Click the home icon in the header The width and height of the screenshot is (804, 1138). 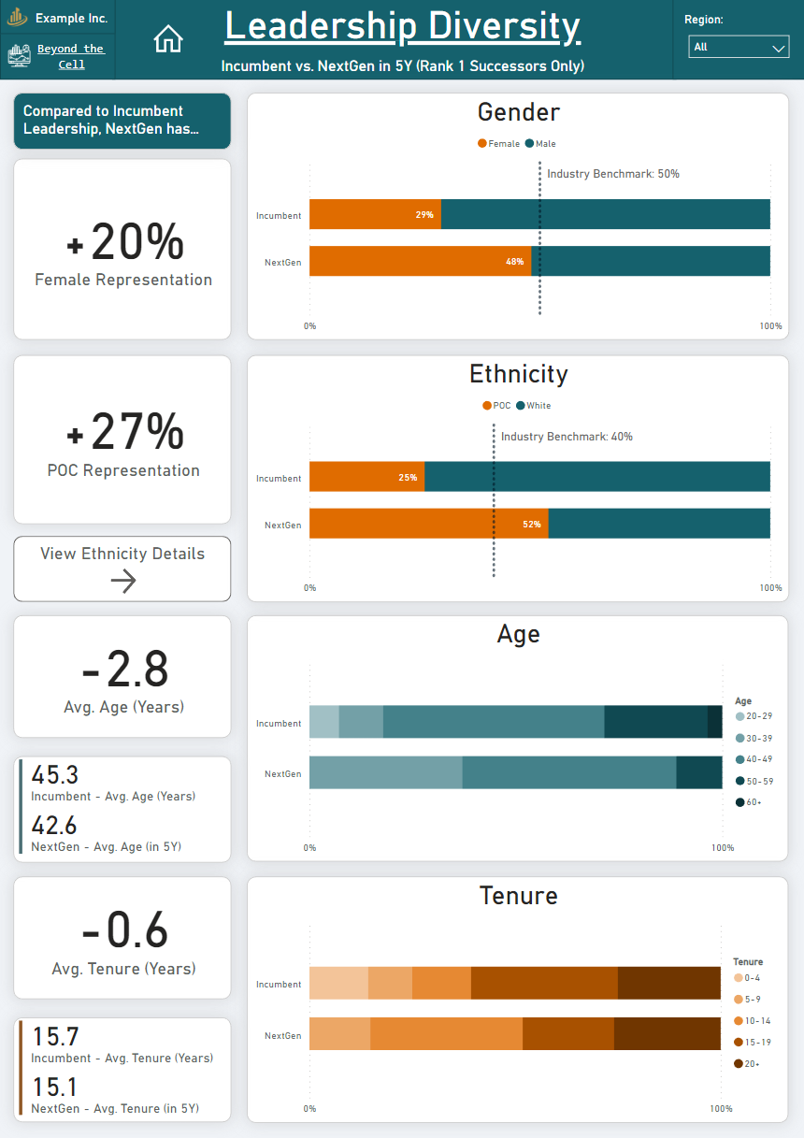coord(168,38)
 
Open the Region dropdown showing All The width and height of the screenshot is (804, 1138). coord(739,47)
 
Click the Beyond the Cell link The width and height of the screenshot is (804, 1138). coord(70,56)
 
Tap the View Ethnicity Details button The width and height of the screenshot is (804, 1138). coord(122,568)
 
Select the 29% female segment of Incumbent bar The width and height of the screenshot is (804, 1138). coord(375,214)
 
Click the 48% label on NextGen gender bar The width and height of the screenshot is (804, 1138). coord(514,262)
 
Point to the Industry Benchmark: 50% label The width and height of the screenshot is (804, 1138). coord(612,174)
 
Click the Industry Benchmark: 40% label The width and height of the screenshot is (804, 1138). coord(567,437)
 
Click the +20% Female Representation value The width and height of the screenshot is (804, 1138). coord(123,242)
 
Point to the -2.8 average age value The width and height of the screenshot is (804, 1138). coord(123,670)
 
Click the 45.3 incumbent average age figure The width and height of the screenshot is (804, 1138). coord(55,775)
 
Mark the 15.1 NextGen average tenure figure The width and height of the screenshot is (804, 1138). coord(55,1087)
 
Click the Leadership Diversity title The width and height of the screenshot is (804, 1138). coord(402,26)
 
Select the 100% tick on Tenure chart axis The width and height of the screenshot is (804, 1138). coord(721,1109)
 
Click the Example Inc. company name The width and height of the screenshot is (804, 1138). coord(71,19)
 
